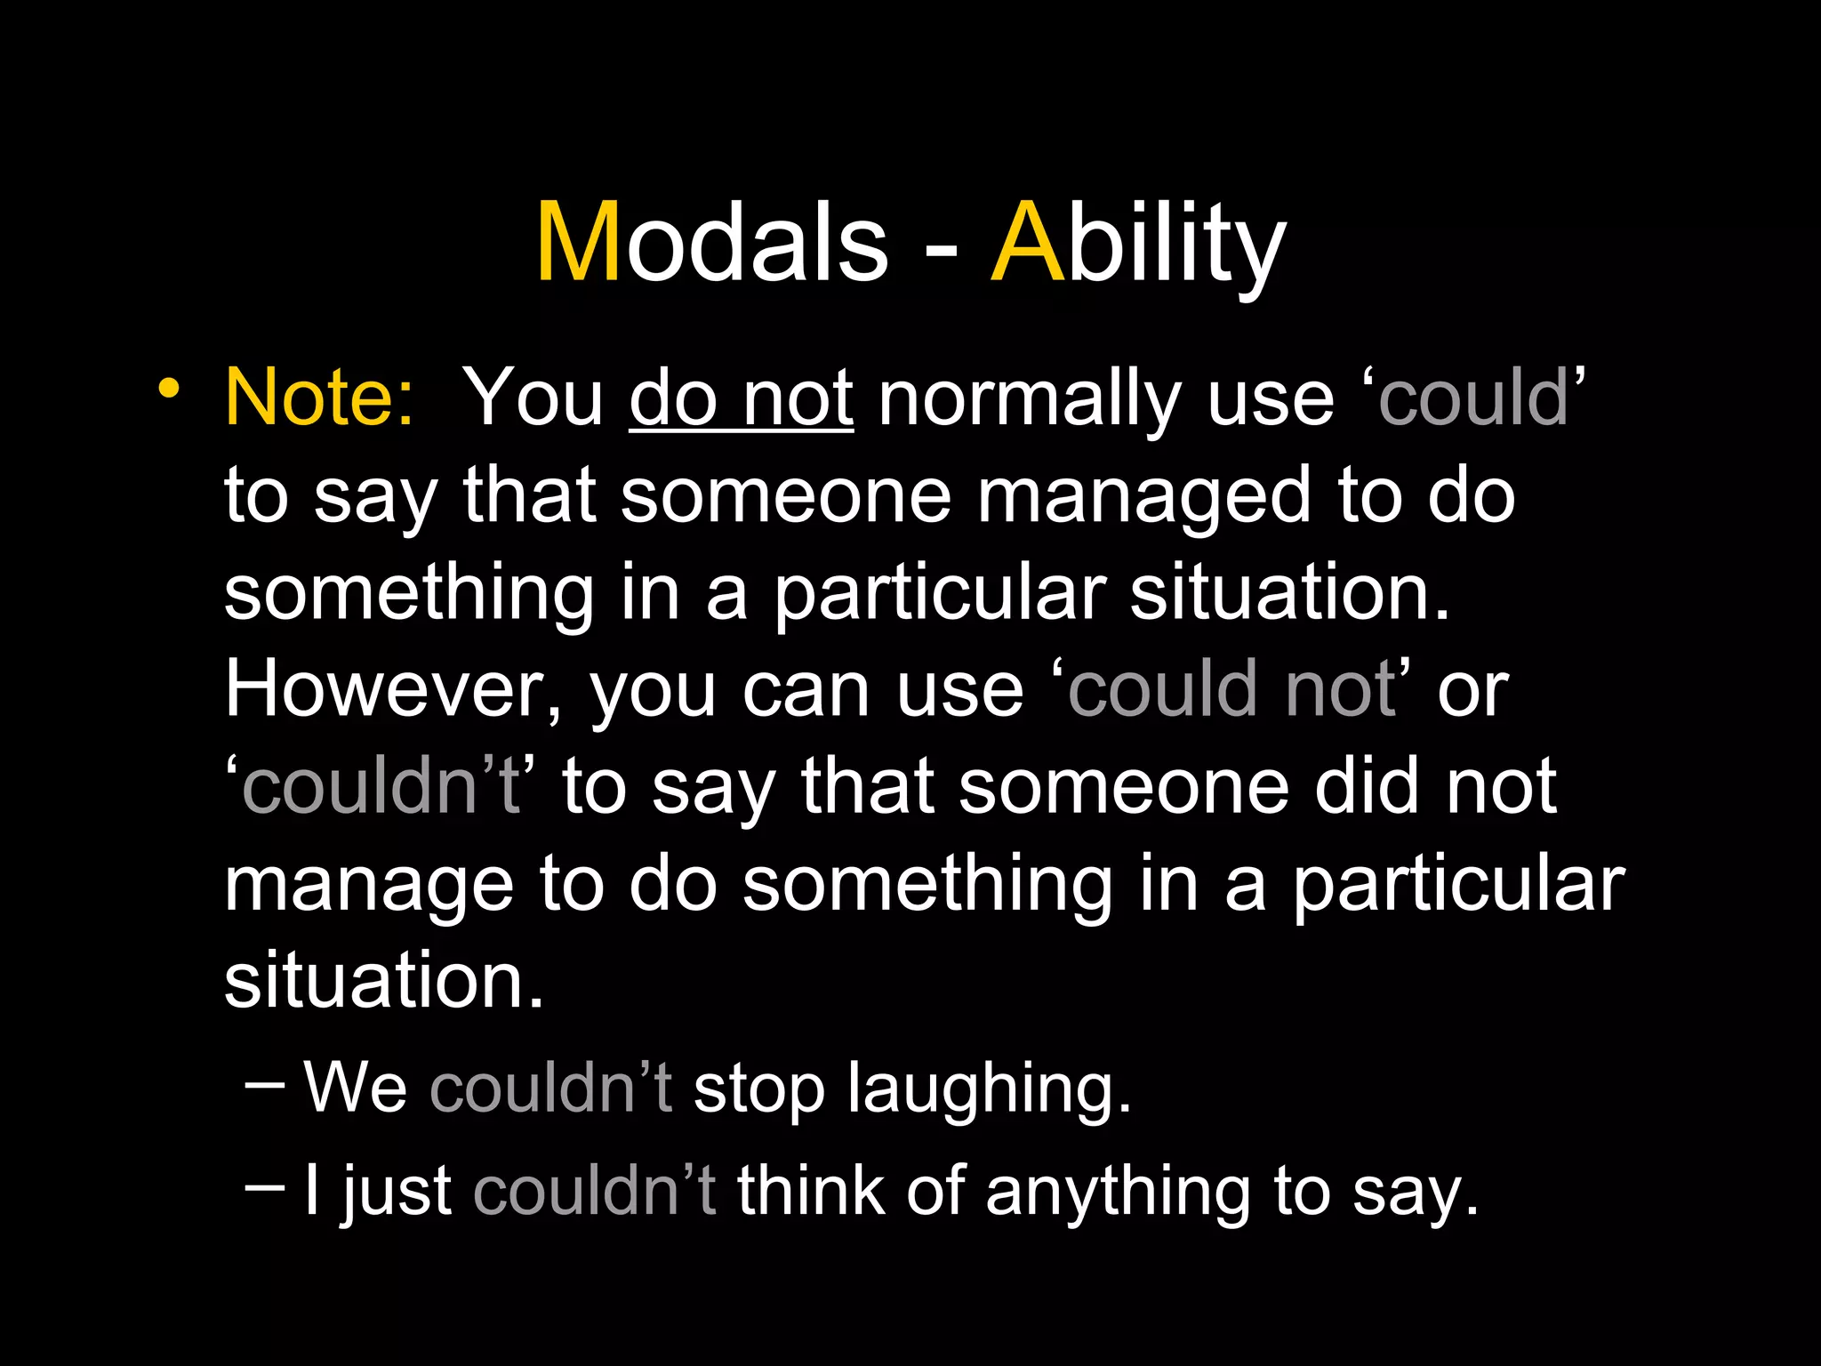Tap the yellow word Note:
[x=318, y=398]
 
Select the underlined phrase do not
[x=742, y=398]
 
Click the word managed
[x=1143, y=498]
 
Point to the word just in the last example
[x=397, y=1192]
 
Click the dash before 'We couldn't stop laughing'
[x=264, y=1084]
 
